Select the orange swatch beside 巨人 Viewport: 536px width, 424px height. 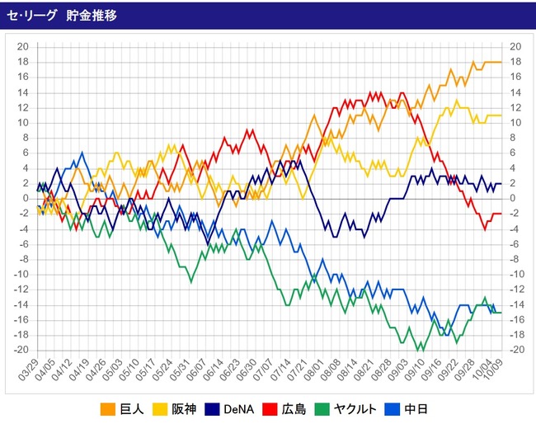(107, 408)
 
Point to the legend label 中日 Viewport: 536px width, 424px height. (449, 408)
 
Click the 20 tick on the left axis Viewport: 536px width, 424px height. (24, 46)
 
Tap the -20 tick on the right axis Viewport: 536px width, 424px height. (517, 350)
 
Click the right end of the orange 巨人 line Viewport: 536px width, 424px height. (501, 62)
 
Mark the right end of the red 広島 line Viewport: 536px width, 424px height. (501, 214)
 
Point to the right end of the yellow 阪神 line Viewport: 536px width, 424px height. (501, 115)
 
